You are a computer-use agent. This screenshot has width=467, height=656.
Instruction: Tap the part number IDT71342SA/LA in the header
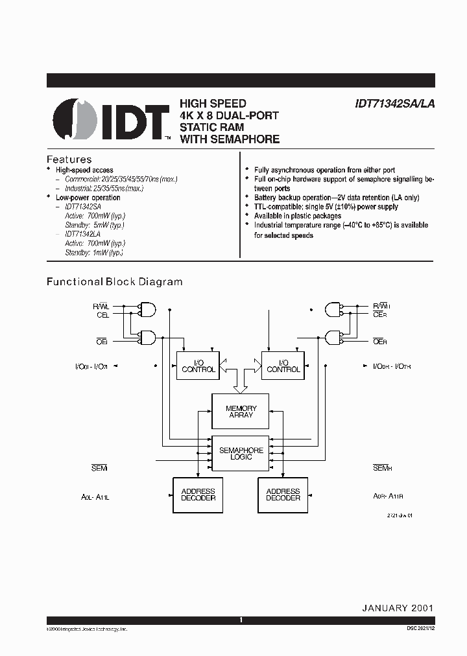(x=385, y=104)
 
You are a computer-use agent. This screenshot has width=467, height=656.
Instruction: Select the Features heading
(x=69, y=159)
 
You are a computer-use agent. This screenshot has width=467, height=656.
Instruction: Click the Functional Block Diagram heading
(x=114, y=282)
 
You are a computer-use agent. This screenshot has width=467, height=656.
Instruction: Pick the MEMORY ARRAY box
(x=241, y=411)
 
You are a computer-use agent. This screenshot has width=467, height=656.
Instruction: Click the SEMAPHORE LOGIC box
(x=241, y=453)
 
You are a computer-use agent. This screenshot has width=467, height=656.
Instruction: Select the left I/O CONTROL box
(x=198, y=366)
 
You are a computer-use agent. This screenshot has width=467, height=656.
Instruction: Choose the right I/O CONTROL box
(x=283, y=366)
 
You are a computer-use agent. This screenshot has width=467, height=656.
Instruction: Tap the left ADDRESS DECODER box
(x=198, y=495)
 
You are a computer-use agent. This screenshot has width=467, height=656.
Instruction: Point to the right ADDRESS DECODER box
(x=283, y=495)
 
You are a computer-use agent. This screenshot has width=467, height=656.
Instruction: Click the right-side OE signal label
(x=380, y=340)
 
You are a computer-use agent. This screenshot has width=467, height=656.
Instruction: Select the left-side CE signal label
(x=102, y=314)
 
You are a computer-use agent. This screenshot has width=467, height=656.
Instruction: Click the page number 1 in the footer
(x=241, y=620)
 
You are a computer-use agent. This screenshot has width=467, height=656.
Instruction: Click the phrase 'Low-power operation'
(x=88, y=198)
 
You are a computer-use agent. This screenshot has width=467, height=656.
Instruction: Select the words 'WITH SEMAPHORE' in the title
(x=230, y=139)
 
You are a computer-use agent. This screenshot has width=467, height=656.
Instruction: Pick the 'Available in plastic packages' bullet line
(x=298, y=216)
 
